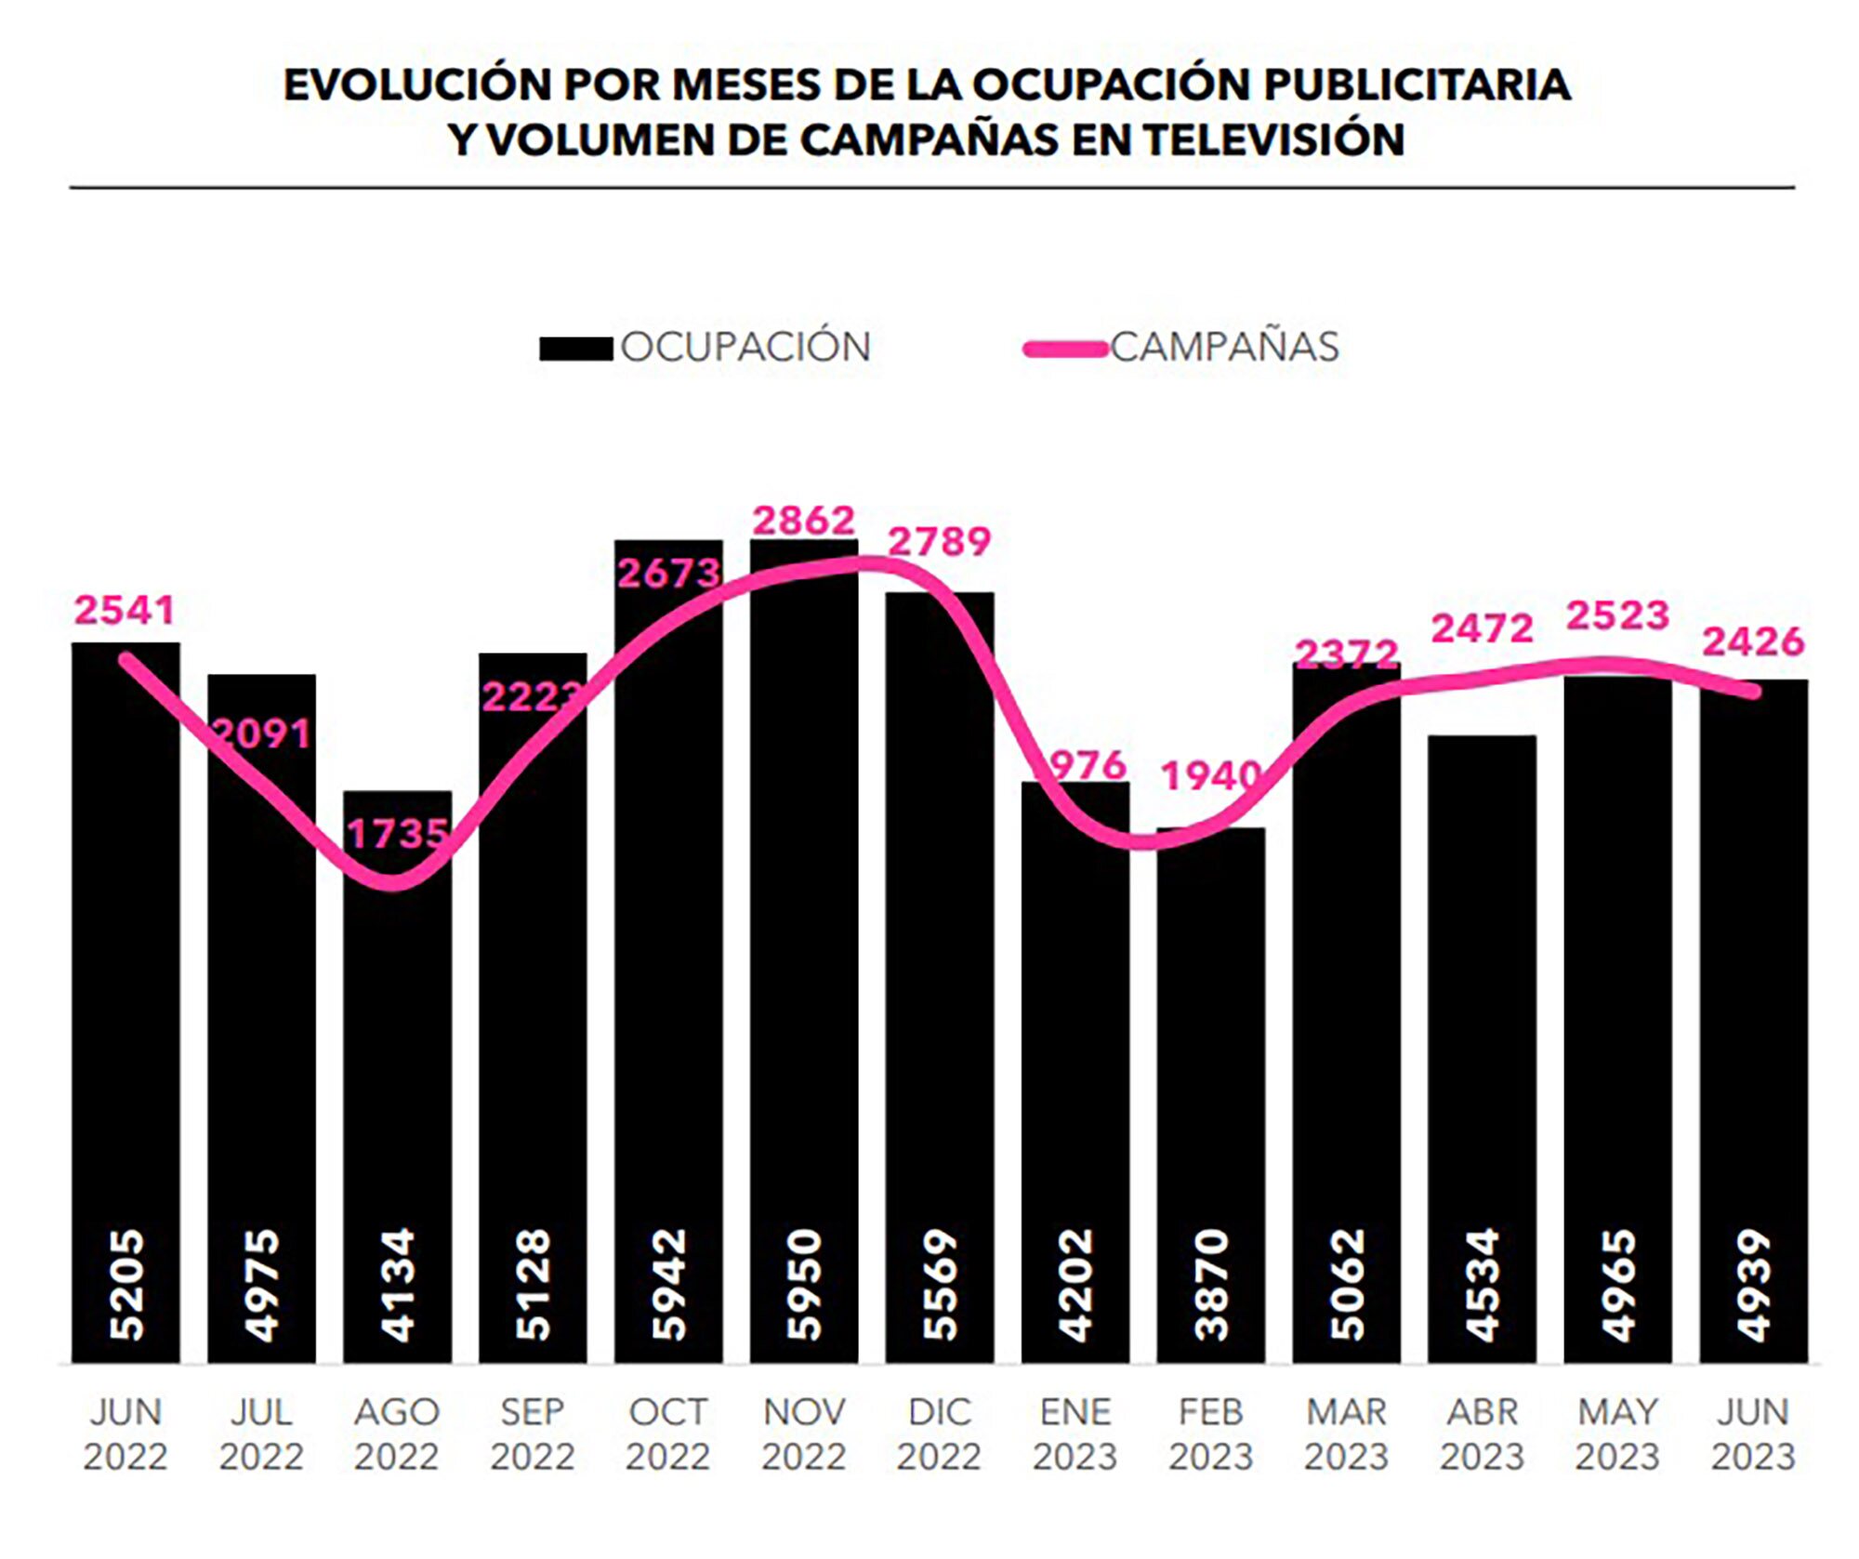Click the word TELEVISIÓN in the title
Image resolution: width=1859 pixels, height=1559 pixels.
[x=1273, y=140]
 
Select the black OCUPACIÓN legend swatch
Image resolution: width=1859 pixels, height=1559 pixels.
[x=575, y=348]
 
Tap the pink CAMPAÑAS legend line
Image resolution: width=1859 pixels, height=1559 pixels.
[x=1065, y=350]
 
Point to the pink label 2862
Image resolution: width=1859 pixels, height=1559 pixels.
[x=804, y=521]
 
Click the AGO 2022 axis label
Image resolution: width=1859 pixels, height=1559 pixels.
[x=397, y=1433]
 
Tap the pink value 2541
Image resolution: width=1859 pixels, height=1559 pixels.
[x=125, y=611]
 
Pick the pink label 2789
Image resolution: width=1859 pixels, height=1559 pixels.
[x=940, y=542]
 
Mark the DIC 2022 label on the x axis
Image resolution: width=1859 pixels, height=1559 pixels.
[x=939, y=1433]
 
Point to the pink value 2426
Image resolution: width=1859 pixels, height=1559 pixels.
[x=1753, y=641]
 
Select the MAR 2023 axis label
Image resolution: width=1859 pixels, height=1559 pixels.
[x=1346, y=1433]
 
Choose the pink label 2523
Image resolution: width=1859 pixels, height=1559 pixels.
[x=1617, y=616]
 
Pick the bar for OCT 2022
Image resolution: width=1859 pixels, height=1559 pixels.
[x=668, y=976]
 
